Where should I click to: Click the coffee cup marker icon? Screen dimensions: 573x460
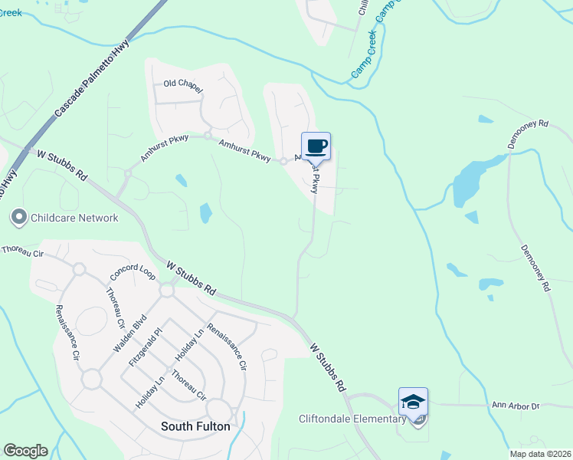point(316,145)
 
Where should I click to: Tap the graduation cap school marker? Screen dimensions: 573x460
point(413,402)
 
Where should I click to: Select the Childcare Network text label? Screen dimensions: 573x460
point(74,218)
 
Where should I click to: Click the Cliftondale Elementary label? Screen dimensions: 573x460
point(352,419)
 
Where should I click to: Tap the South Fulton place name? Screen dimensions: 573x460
point(195,426)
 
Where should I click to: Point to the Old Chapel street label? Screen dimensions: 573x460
point(182,87)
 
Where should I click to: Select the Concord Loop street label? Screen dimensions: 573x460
point(133,272)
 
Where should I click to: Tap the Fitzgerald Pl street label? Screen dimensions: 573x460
point(146,347)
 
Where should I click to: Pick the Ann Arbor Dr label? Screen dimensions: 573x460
point(516,406)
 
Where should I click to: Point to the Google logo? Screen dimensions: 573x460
point(25,451)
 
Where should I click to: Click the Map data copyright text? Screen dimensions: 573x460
point(539,454)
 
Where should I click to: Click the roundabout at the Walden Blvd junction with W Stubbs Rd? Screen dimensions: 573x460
point(167,291)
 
